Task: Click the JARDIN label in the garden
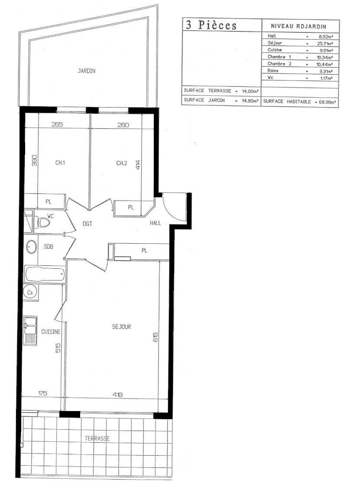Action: tap(86, 71)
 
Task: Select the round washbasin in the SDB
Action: tap(31, 247)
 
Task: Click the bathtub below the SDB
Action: tap(45, 274)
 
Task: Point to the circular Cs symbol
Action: tap(30, 293)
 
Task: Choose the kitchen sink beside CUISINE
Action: tap(30, 331)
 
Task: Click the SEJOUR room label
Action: tap(122, 326)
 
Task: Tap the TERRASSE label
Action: tap(97, 438)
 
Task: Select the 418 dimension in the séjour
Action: tap(117, 394)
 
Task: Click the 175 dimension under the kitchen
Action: tap(43, 393)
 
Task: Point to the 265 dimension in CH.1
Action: tap(57, 124)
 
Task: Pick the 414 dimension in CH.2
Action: tap(138, 165)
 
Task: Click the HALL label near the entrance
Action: tap(155, 223)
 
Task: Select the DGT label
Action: tap(88, 224)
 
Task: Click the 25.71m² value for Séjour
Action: tap(325, 43)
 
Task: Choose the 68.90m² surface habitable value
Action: tap(327, 102)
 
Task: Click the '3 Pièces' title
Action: tap(211, 25)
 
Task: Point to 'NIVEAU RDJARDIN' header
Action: tap(298, 27)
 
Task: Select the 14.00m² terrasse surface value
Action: tap(250, 91)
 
